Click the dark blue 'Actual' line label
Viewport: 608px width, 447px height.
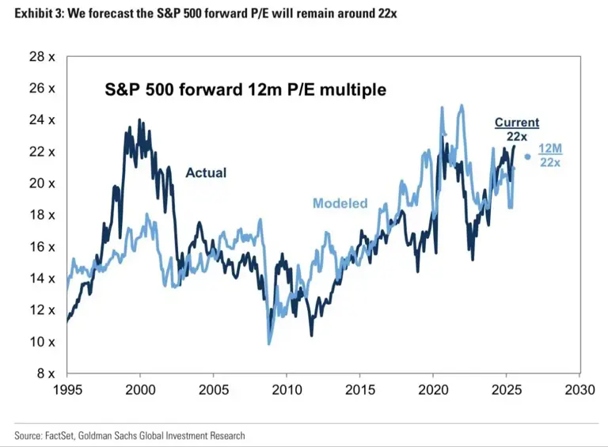(x=206, y=172)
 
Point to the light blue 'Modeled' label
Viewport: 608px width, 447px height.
(x=340, y=203)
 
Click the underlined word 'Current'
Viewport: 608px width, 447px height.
(x=517, y=123)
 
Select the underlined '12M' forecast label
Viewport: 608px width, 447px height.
(x=550, y=149)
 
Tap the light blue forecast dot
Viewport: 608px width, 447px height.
(x=528, y=156)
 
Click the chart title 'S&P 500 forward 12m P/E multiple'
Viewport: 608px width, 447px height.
(x=245, y=89)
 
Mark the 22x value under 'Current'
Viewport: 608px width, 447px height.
(x=517, y=137)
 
